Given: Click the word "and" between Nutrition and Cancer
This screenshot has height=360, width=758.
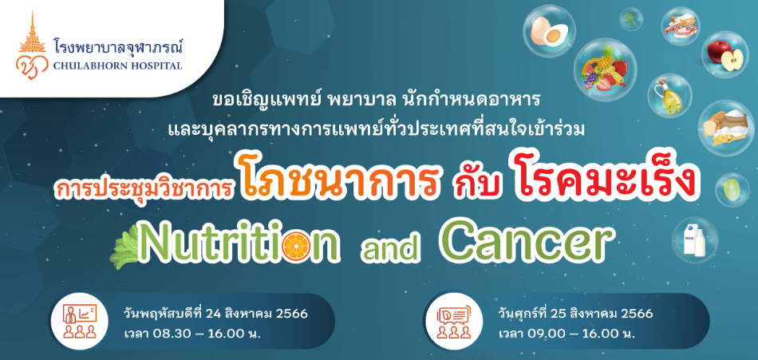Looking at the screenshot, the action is [x=389, y=247].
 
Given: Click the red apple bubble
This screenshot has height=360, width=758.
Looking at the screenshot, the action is [x=724, y=54].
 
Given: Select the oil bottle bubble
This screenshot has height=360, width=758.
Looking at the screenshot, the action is [x=669, y=95].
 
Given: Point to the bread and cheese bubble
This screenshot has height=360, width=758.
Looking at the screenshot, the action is [x=725, y=128].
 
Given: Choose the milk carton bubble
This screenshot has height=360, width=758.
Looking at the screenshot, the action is [x=695, y=240].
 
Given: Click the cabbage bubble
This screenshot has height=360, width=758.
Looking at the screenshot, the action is [x=732, y=190].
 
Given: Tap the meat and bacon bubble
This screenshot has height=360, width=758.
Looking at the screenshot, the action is [x=681, y=26].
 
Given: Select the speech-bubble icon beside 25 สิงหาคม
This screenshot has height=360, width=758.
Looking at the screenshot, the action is [x=453, y=320].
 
